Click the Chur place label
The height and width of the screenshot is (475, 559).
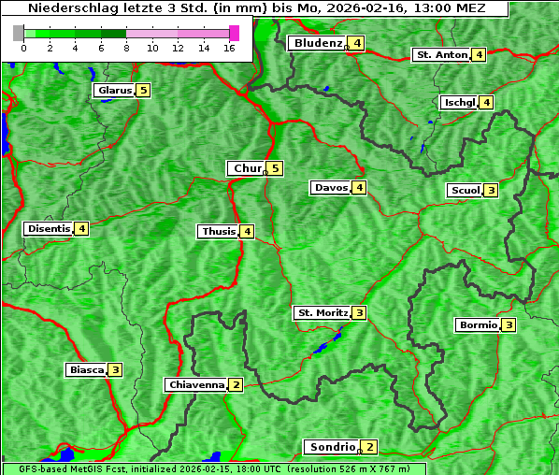[248, 168]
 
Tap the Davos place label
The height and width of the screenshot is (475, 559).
[331, 188]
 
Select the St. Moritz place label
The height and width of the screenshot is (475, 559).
[322, 312]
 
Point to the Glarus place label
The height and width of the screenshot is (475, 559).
[113, 91]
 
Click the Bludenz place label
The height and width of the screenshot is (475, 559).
[317, 44]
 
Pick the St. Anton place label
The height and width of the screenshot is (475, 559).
[441, 55]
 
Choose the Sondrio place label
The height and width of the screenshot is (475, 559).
[332, 447]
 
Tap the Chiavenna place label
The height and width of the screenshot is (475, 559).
[195, 384]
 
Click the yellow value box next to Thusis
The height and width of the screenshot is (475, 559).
[247, 231]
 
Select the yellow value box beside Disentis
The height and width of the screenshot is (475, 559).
[81, 228]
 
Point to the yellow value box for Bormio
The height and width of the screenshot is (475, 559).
[509, 325]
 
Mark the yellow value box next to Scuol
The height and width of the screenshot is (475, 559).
[491, 191]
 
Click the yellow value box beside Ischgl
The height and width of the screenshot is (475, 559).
[486, 102]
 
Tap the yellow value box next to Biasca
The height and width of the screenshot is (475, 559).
[115, 369]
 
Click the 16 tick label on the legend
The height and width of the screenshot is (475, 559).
[230, 48]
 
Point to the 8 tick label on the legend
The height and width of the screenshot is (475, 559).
[126, 48]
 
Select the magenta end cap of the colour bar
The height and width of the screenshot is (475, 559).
[234, 33]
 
